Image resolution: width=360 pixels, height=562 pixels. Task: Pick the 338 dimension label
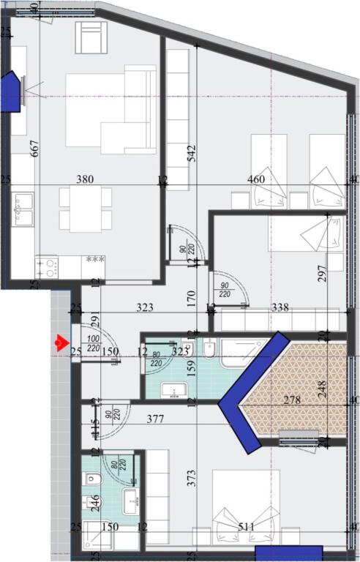click(280, 308)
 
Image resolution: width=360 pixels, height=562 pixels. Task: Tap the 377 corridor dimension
click(154, 419)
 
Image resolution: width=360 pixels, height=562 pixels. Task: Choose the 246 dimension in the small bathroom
click(94, 502)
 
